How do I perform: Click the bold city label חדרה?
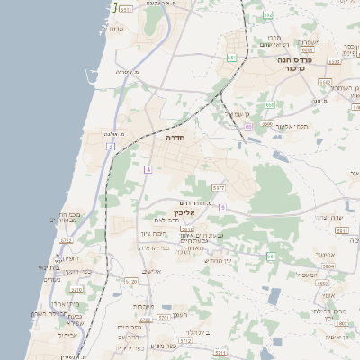pyautogui.click(x=174, y=139)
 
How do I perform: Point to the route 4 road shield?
pyautogui.click(x=148, y=169)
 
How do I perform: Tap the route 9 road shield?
pyautogui.click(x=222, y=208)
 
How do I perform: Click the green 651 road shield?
pyautogui.click(x=231, y=58)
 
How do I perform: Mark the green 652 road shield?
pyautogui.click(x=267, y=16)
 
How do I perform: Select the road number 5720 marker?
pyautogui.click(x=132, y=281)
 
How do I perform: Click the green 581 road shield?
pyautogui.click(x=271, y=256)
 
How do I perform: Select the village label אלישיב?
pyautogui.click(x=151, y=272)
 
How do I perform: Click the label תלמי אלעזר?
pyautogui.click(x=292, y=126)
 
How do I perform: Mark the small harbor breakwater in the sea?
pyautogui.click(x=115, y=8)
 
